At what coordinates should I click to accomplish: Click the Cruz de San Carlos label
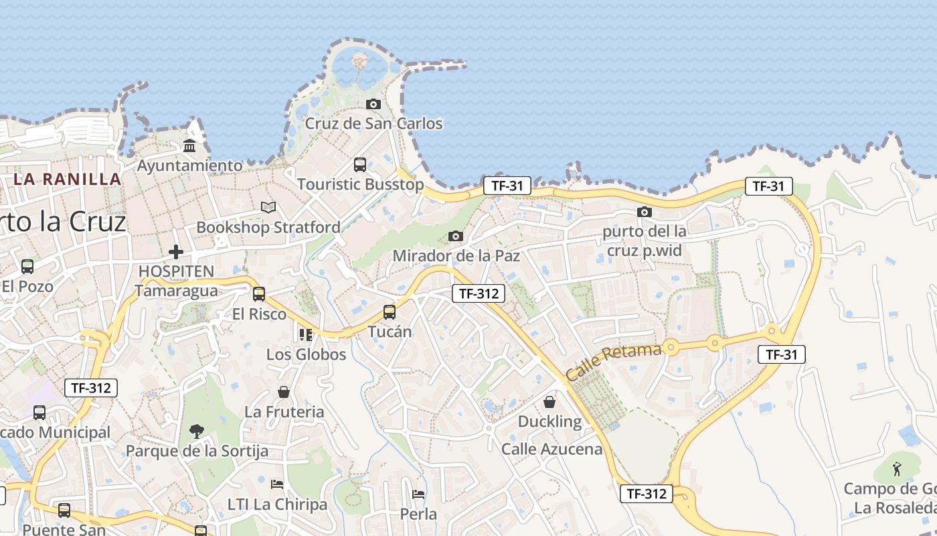pyautogui.click(x=373, y=124)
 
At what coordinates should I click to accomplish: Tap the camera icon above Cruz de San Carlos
pyautogui.click(x=373, y=104)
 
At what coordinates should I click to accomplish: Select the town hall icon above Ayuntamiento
pyautogui.click(x=189, y=145)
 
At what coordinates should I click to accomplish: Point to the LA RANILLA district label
pyautogui.click(x=68, y=180)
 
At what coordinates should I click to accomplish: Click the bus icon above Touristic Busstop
pyautogui.click(x=360, y=164)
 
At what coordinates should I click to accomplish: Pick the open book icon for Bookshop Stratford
pyautogui.click(x=268, y=208)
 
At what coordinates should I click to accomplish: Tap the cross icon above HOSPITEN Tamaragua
pyautogui.click(x=176, y=252)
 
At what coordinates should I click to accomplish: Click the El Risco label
pyautogui.click(x=259, y=314)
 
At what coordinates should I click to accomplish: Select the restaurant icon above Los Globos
pyautogui.click(x=306, y=334)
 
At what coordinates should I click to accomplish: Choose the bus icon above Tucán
pyautogui.click(x=390, y=312)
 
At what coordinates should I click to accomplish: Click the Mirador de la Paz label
pyautogui.click(x=456, y=256)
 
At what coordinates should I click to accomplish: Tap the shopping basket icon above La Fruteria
pyautogui.click(x=284, y=392)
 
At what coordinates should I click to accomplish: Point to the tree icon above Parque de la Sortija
pyautogui.click(x=197, y=431)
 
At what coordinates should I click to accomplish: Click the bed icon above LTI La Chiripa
pyautogui.click(x=277, y=484)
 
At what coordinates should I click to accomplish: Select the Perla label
pyautogui.click(x=418, y=515)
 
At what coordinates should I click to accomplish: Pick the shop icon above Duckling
pyautogui.click(x=549, y=402)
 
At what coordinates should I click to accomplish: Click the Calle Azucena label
pyautogui.click(x=552, y=449)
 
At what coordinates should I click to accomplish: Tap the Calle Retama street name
pyautogui.click(x=614, y=361)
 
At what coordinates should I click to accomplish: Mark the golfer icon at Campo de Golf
pyautogui.click(x=897, y=467)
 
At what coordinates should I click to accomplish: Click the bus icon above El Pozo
pyautogui.click(x=27, y=266)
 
